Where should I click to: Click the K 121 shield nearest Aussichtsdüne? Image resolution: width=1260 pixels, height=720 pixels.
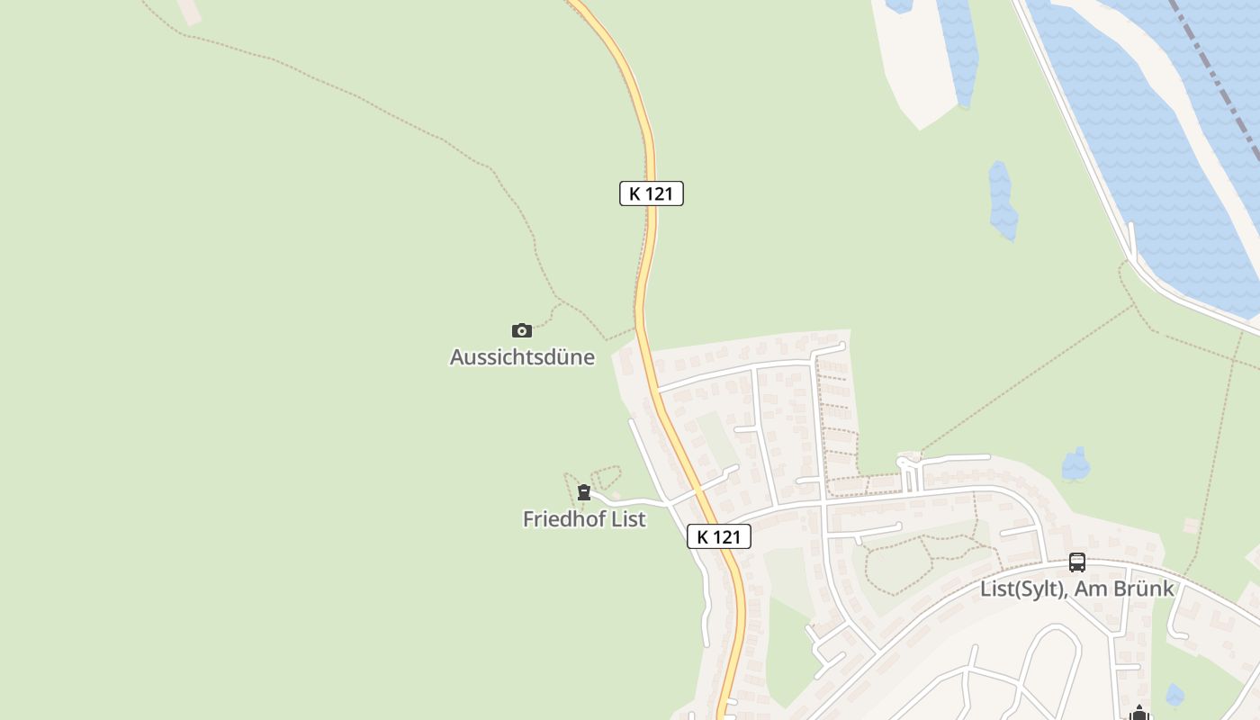pos(651,193)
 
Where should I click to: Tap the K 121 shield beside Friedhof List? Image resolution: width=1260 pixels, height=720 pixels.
pos(718,537)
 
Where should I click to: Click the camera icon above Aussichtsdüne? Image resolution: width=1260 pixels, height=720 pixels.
pos(521,330)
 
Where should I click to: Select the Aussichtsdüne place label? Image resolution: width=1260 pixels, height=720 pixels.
pos(522,357)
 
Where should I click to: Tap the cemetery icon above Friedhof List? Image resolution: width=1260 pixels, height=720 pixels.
pos(584,492)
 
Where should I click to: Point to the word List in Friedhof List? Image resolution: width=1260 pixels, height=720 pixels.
pos(629,519)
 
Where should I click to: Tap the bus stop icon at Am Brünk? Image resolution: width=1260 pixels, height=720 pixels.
pos(1076,562)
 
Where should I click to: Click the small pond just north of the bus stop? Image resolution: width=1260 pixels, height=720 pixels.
pos(1075,464)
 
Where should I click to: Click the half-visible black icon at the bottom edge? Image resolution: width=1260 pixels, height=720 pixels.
pos(1139,713)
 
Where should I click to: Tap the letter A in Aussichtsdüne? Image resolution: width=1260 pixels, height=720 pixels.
pos(456,357)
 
